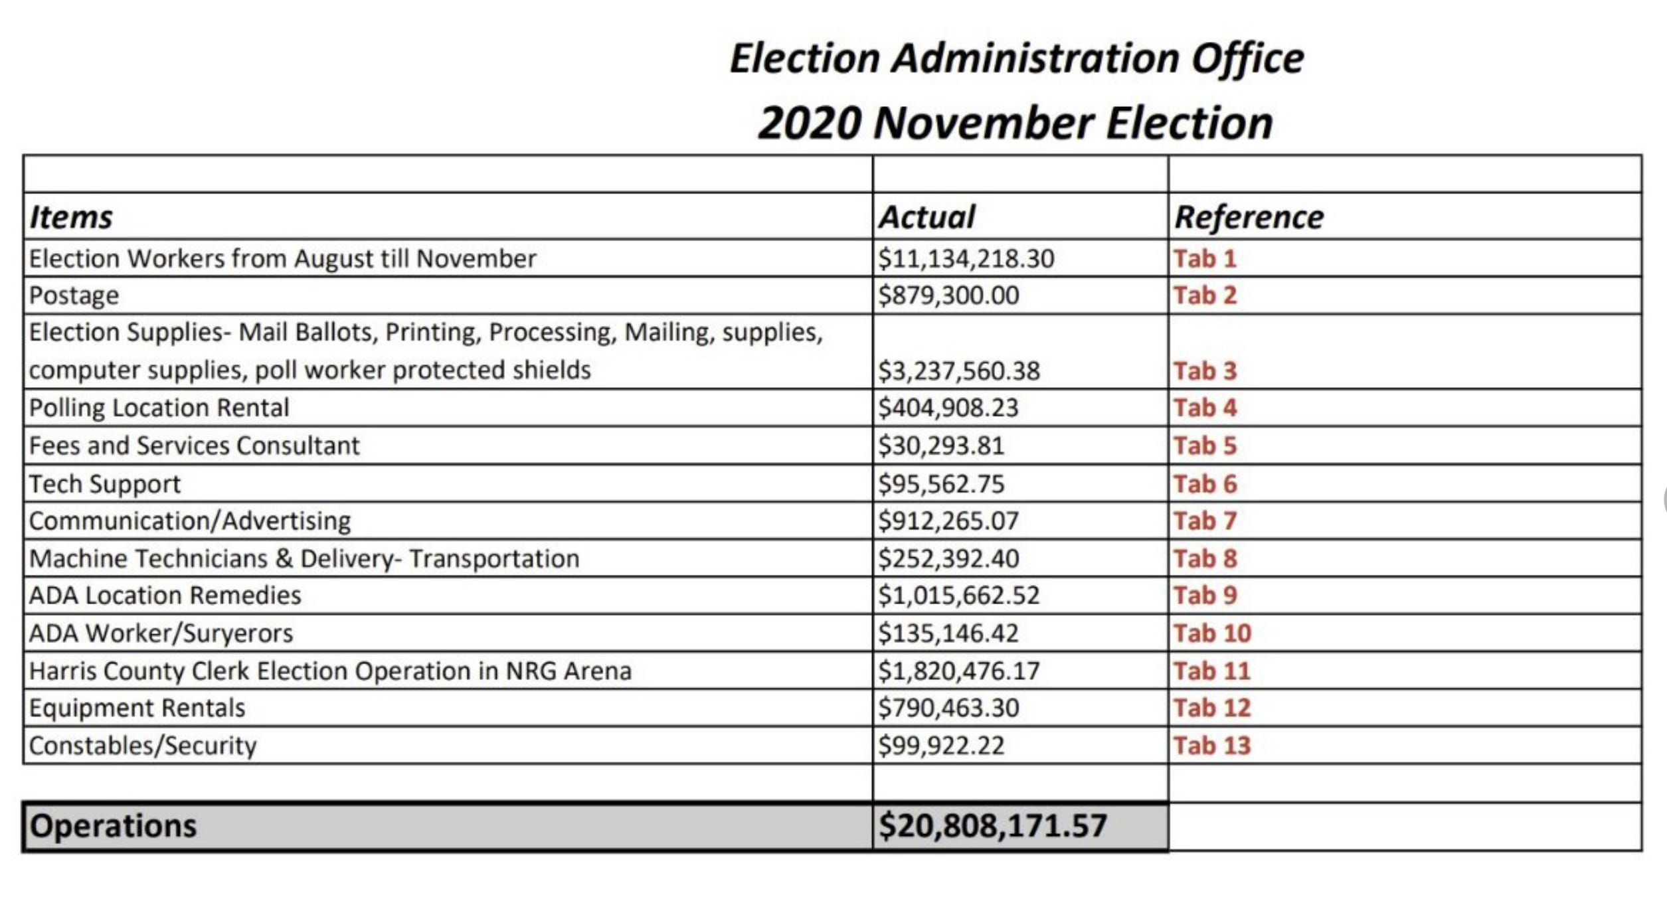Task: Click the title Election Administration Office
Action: pyautogui.click(x=1016, y=58)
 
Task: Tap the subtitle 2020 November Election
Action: pyautogui.click(x=1015, y=124)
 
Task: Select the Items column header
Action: pyautogui.click(x=71, y=218)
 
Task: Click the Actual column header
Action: pyautogui.click(x=926, y=218)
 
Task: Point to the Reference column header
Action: pyautogui.click(x=1249, y=218)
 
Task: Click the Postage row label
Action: pyautogui.click(x=74, y=295)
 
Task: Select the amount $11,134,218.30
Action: pyautogui.click(x=966, y=259)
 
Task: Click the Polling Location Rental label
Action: pyautogui.click(x=159, y=408)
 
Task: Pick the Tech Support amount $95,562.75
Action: pyautogui.click(x=941, y=484)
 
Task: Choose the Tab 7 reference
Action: pyautogui.click(x=1205, y=521)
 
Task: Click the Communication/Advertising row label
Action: pyautogui.click(x=190, y=521)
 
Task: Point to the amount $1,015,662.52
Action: pyautogui.click(x=958, y=596)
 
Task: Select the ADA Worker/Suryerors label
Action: pyautogui.click(x=161, y=633)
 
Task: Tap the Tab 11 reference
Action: pyautogui.click(x=1211, y=671)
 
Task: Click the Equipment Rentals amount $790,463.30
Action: pyautogui.click(x=948, y=708)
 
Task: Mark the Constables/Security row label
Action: pyautogui.click(x=143, y=746)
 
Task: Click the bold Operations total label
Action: pyautogui.click(x=114, y=826)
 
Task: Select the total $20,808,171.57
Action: pyautogui.click(x=993, y=826)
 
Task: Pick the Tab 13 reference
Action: pyautogui.click(x=1211, y=746)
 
